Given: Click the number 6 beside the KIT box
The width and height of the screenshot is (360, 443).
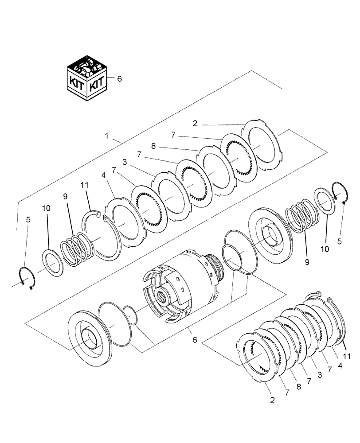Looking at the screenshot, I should (x=119, y=78).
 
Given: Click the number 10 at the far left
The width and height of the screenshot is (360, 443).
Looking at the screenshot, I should (x=47, y=208).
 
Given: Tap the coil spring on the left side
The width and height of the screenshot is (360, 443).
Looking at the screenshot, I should (x=78, y=250).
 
